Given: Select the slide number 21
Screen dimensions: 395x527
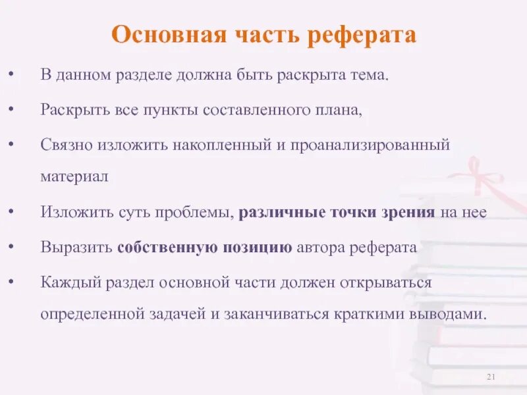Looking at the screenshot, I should tap(490, 377).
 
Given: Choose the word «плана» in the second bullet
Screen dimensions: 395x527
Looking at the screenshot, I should tap(340, 109).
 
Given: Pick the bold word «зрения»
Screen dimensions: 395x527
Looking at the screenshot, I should tap(411, 213).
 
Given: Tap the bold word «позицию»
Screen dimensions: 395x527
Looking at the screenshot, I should tap(253, 248).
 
